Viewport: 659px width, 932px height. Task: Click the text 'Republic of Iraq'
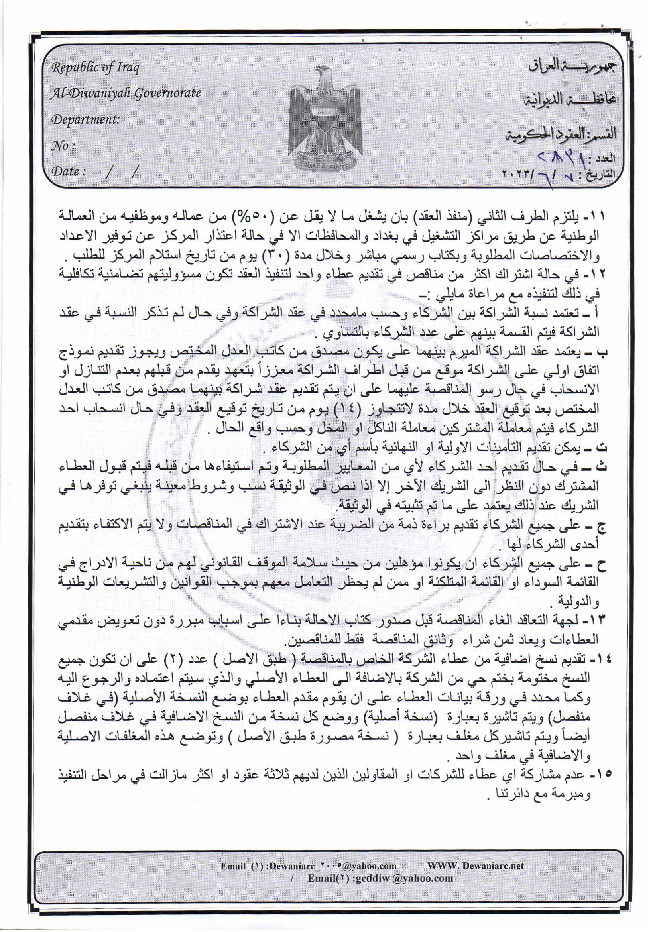point(95,67)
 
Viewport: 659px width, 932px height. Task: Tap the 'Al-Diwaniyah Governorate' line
point(126,93)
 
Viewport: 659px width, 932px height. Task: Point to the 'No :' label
point(64,146)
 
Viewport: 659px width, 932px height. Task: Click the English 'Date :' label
point(68,171)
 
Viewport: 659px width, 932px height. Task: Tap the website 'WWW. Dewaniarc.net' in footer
point(475,865)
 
